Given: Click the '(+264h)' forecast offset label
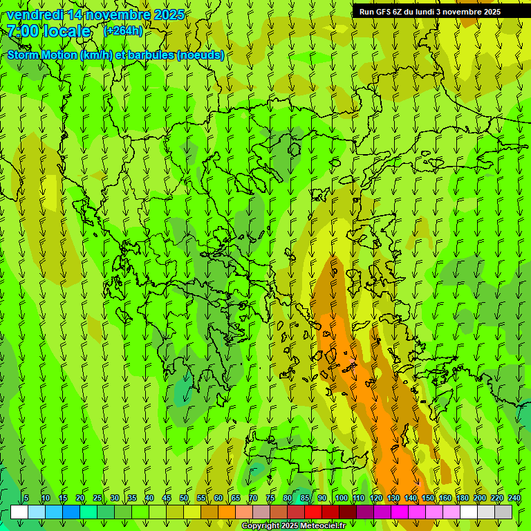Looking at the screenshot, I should [123, 31].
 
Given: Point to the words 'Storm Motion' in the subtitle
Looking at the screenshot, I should [41, 55].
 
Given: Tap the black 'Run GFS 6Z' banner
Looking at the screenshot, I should [429, 12].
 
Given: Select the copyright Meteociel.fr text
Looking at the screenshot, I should [293, 526].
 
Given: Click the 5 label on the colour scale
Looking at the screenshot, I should [26, 499].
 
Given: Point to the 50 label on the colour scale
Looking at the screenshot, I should [184, 499].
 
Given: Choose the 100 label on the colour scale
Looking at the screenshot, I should [341, 499].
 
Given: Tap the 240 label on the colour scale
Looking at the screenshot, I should [514, 499].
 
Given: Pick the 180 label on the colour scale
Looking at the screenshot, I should [462, 499].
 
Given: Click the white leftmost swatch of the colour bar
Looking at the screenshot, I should [19, 512].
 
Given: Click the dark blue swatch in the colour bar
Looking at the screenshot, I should [71, 512].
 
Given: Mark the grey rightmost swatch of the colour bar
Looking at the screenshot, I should [503, 512].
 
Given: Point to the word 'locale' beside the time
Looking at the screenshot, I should [66, 31].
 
